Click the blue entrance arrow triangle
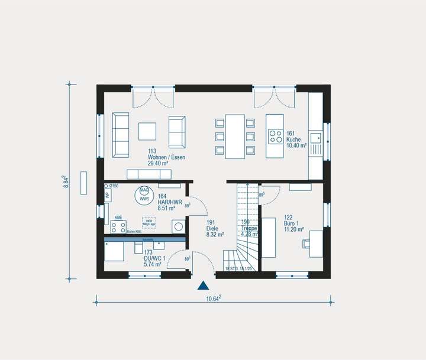[x=203, y=286]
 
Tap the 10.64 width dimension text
[x=213, y=298]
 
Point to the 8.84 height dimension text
[x=66, y=181]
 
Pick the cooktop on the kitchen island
[x=276, y=137]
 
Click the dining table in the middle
[x=235, y=136]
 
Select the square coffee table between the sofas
[x=148, y=131]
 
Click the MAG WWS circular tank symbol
[x=144, y=195]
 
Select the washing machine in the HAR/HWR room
[x=177, y=226]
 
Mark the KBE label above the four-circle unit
[x=118, y=218]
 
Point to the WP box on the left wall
[x=108, y=196]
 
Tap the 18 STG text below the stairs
[x=231, y=269]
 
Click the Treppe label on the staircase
[x=249, y=228]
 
